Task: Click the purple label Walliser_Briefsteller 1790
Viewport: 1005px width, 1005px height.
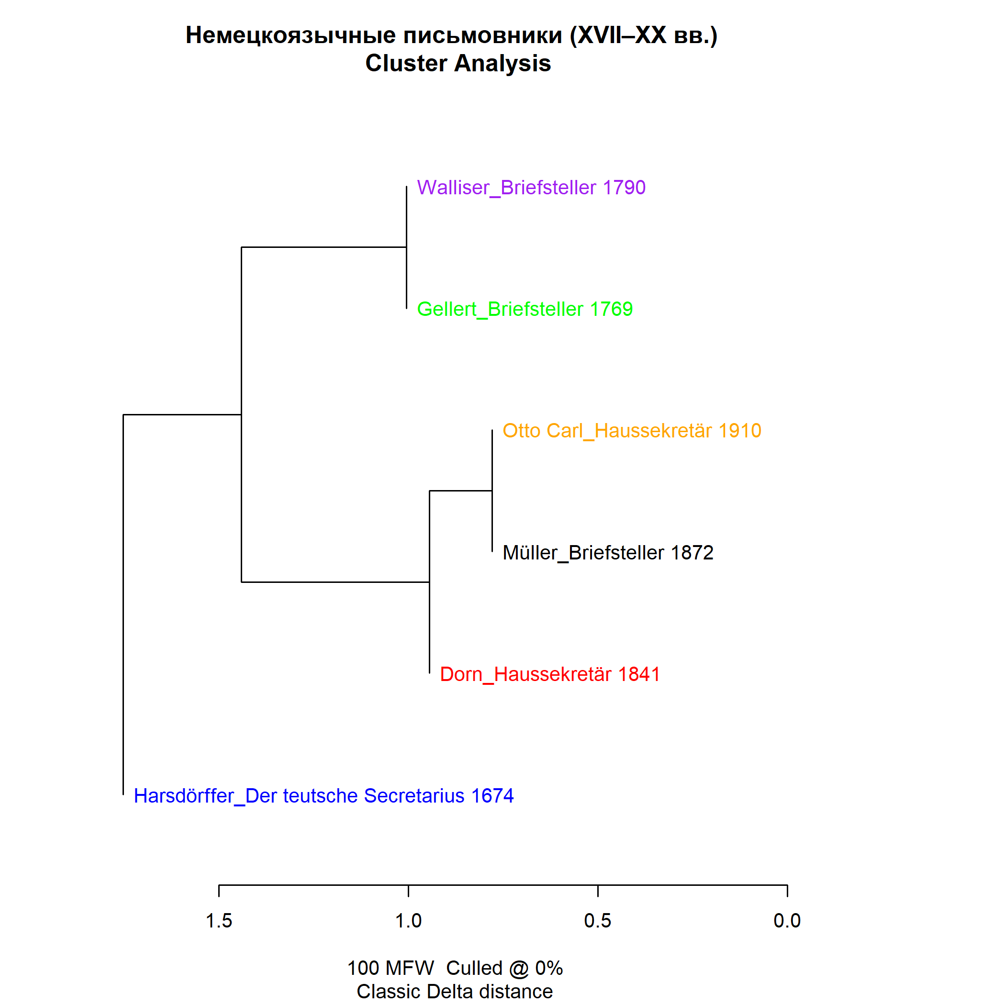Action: [x=531, y=188]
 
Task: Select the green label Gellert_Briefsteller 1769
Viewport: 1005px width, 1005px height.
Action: [x=525, y=310]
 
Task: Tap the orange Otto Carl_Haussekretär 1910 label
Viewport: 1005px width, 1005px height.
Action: [x=632, y=431]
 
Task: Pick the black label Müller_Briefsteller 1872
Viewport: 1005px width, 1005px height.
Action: [x=608, y=552]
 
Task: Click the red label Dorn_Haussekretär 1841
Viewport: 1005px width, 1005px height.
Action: [x=550, y=674]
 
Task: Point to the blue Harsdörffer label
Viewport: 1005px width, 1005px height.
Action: [x=324, y=796]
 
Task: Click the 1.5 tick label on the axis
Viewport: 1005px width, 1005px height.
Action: [x=219, y=921]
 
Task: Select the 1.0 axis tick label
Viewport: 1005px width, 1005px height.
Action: [x=408, y=921]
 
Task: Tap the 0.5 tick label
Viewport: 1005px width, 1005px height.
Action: [x=598, y=921]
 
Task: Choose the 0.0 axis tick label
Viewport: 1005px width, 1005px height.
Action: [x=787, y=921]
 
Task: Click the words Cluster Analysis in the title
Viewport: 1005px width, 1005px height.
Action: [x=458, y=64]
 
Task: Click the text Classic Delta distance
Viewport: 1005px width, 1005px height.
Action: [x=455, y=992]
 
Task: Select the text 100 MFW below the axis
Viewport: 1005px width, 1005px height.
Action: [x=391, y=968]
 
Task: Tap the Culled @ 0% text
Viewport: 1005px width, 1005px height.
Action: [x=504, y=968]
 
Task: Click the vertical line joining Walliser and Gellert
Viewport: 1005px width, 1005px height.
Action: [x=406, y=247]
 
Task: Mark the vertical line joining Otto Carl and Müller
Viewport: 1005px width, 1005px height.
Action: [x=492, y=491]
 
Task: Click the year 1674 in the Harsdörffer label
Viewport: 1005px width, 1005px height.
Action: [x=492, y=796]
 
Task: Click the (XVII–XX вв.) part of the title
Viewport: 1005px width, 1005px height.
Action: [x=644, y=35]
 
